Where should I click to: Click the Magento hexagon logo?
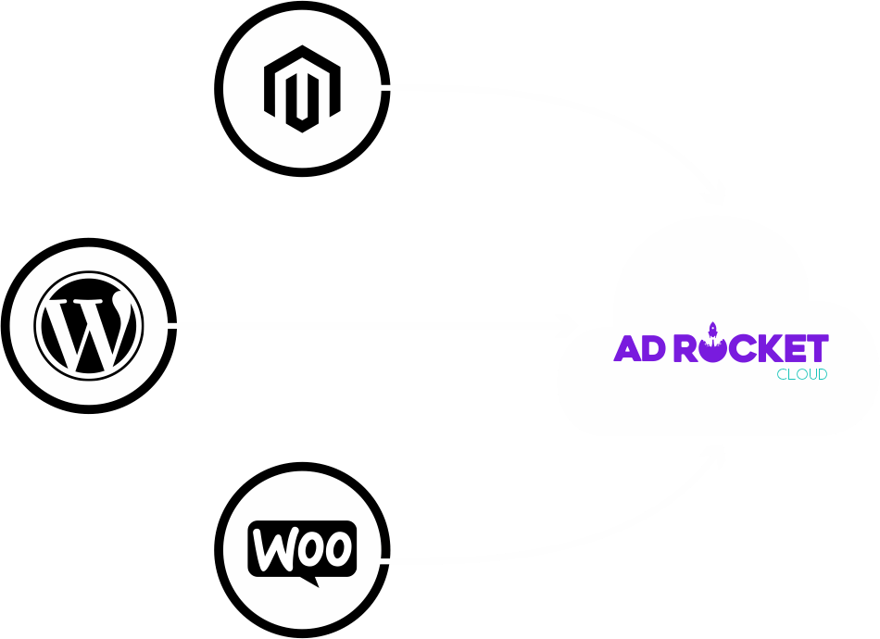(302, 89)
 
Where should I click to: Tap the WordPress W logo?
(89, 325)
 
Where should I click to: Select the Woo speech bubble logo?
(302, 550)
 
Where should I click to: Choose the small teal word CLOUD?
(801, 375)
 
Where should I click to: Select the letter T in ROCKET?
(815, 348)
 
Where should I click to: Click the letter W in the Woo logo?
(274, 548)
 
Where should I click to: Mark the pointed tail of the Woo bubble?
(311, 581)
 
